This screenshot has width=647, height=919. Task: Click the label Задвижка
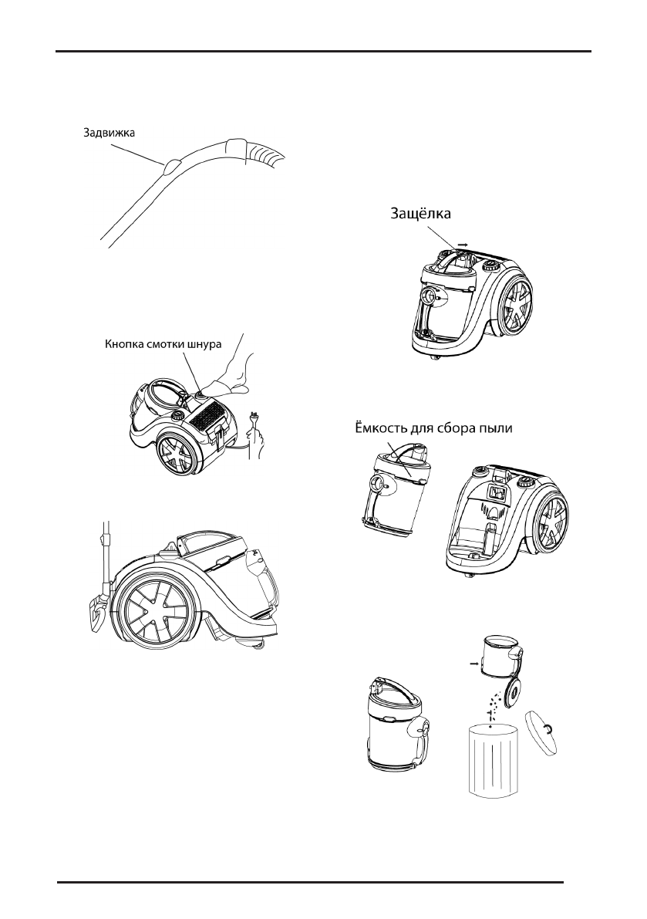point(110,132)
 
